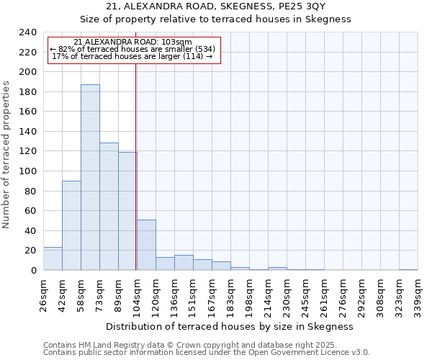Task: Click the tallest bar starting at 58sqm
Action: [x=90, y=177]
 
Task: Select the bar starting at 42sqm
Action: [x=71, y=225]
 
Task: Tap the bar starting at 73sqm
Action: [x=109, y=207]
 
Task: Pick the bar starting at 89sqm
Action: [x=127, y=211]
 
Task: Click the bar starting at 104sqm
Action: [x=146, y=245]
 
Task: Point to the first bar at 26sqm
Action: [x=53, y=258]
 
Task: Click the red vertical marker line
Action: [x=135, y=166]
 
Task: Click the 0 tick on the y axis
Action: [x=33, y=270]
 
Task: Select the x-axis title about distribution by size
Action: [x=229, y=326]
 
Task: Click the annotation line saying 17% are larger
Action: [x=132, y=56]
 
